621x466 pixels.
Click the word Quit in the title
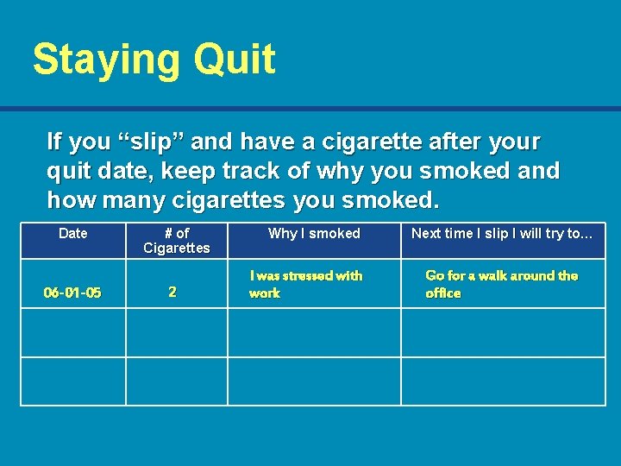(x=235, y=60)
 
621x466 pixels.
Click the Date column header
(x=72, y=233)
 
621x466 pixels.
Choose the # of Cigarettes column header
(x=176, y=241)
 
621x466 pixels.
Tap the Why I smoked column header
(x=314, y=233)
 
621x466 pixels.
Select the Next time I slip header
(x=502, y=233)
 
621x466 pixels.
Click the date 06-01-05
(x=72, y=293)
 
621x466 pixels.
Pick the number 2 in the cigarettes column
(x=172, y=293)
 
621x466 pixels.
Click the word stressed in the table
(x=307, y=276)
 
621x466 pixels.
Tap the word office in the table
(x=443, y=293)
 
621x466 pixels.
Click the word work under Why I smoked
(x=265, y=293)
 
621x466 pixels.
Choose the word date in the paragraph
(x=110, y=171)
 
